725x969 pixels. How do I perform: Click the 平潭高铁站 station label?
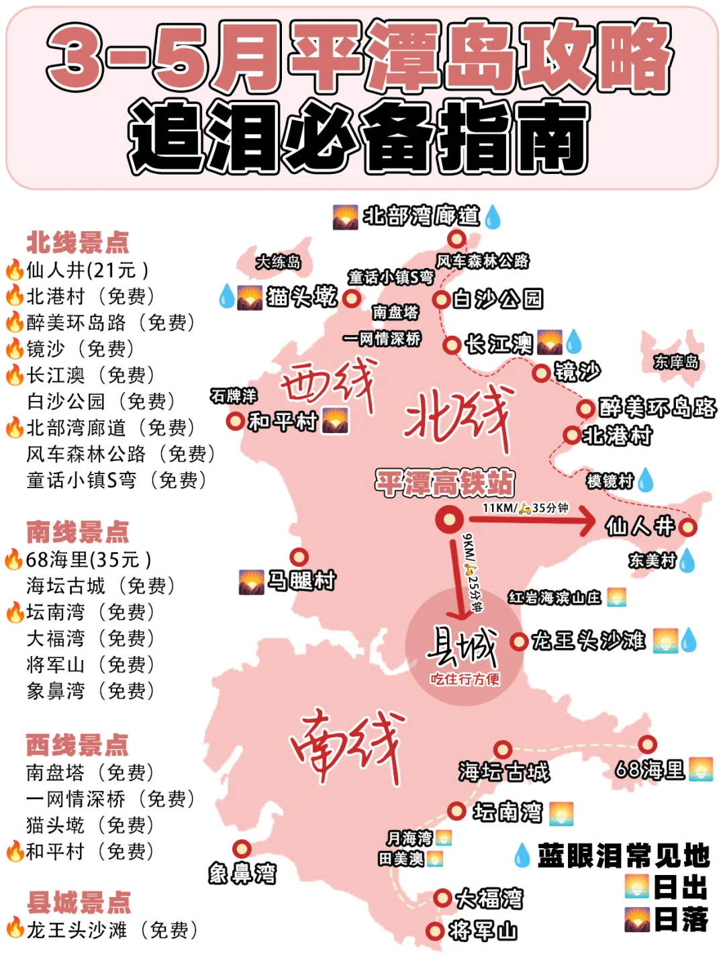[444, 483]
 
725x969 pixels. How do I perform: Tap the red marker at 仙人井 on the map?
[687, 527]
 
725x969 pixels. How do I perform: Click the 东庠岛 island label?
[676, 362]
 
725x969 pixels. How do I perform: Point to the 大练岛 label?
[278, 262]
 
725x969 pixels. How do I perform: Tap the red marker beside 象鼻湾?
[242, 849]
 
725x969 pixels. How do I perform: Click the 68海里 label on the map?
[650, 769]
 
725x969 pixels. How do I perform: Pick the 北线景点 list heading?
[77, 242]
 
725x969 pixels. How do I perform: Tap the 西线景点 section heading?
[77, 745]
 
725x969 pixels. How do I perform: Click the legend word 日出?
[680, 888]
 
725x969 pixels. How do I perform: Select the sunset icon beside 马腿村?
[251, 582]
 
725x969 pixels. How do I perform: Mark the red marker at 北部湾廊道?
[456, 238]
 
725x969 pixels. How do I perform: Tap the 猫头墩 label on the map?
[301, 296]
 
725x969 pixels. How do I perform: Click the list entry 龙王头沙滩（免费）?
[111, 930]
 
